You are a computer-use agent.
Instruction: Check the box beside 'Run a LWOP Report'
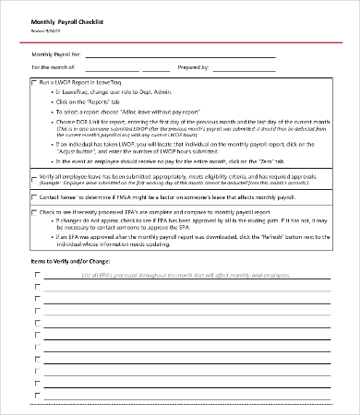35,83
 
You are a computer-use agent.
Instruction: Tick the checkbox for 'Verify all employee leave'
35,173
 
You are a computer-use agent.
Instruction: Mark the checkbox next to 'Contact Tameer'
35,197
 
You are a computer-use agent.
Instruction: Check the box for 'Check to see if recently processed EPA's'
35,211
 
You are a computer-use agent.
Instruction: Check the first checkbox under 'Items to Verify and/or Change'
37,287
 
